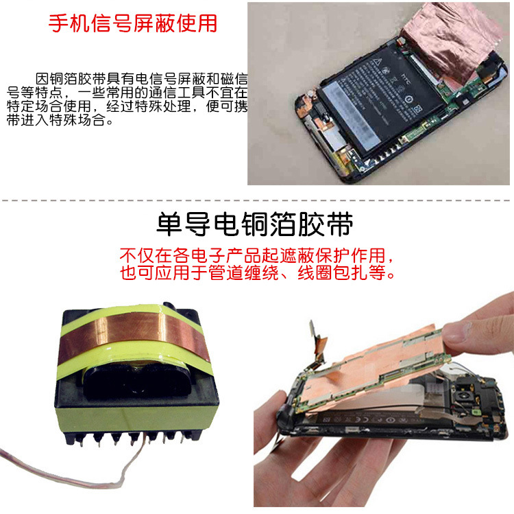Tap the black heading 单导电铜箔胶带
pyautogui.click(x=255, y=224)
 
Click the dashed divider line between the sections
pyautogui.click(x=257, y=201)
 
